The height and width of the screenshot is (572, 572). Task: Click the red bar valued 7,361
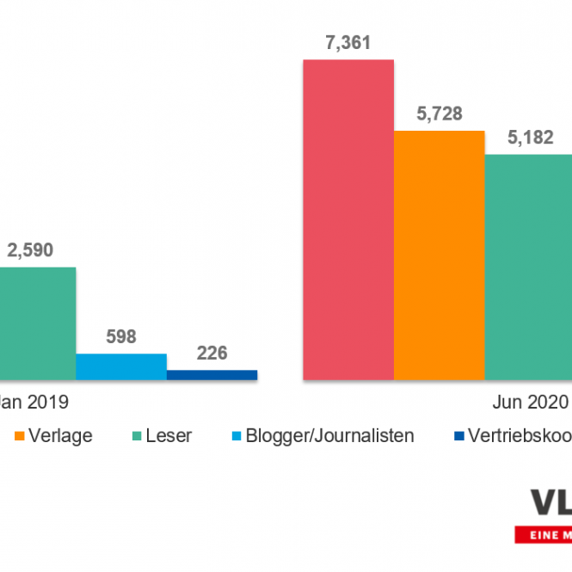point(348,219)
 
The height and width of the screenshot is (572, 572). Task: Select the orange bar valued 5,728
point(439,255)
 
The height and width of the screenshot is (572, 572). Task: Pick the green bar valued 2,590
point(37,323)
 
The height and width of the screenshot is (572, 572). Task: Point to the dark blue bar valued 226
point(212,375)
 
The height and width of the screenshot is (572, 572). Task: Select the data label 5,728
point(439,113)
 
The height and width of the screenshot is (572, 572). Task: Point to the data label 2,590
point(30,250)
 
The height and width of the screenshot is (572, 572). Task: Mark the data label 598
point(121,336)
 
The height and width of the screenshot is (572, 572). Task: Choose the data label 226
point(212,354)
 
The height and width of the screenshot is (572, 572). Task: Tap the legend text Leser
point(168,435)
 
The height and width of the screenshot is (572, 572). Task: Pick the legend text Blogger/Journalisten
point(329,435)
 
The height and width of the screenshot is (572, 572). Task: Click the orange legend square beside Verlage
point(20,435)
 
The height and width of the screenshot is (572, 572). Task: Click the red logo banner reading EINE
point(544,536)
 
